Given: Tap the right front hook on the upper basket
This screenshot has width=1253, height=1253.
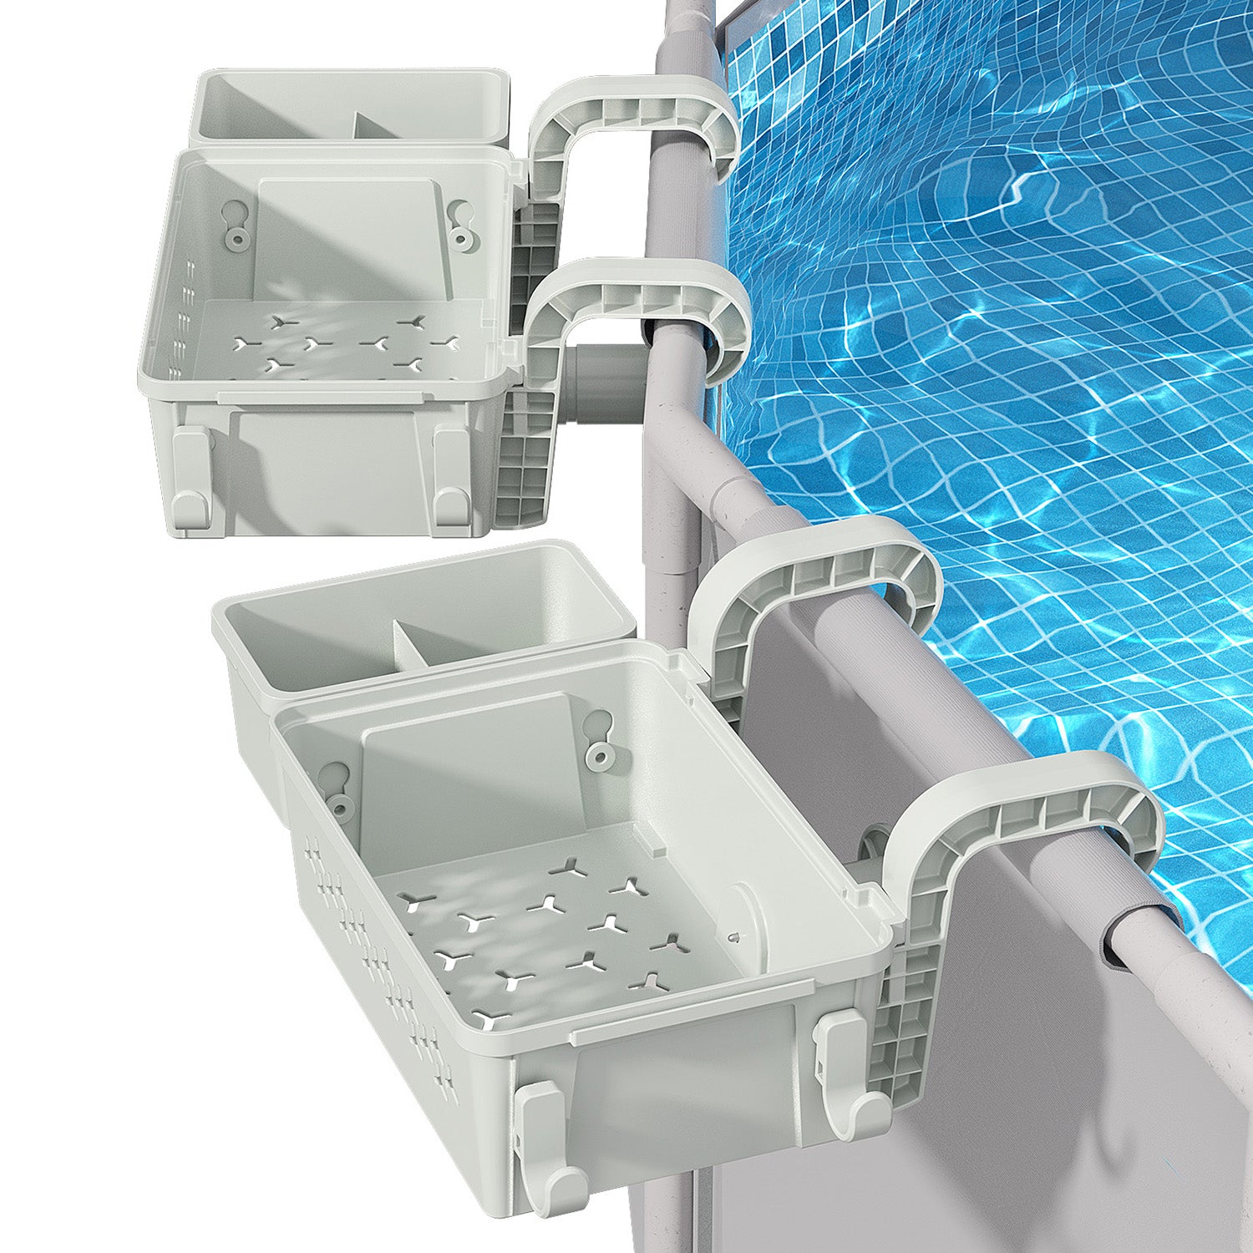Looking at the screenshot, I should (450, 476).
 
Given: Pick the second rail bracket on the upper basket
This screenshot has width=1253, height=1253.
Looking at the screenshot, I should (639, 301).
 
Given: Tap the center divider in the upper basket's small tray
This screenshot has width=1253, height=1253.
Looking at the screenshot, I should (355, 125).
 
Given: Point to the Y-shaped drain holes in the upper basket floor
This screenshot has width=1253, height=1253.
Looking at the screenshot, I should (342, 342).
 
